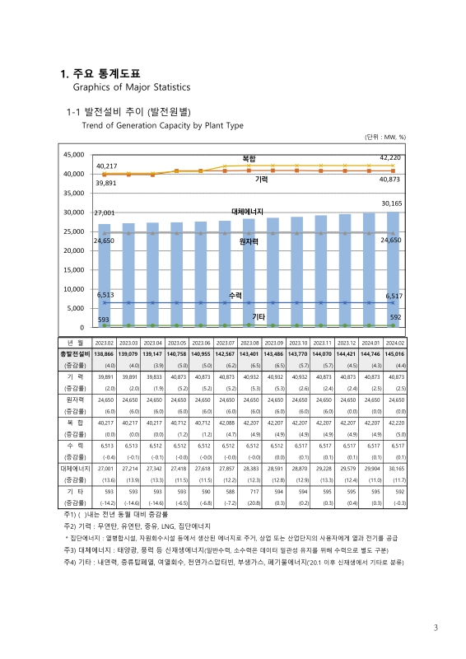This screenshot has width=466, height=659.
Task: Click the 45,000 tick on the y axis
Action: [x=72, y=154]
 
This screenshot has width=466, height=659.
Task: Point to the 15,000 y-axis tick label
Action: [x=72, y=269]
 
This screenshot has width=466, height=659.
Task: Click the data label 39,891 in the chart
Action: [x=106, y=184]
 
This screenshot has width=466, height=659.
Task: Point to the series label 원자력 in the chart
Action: [x=249, y=241]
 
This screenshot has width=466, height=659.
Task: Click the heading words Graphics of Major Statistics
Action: [x=132, y=86]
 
